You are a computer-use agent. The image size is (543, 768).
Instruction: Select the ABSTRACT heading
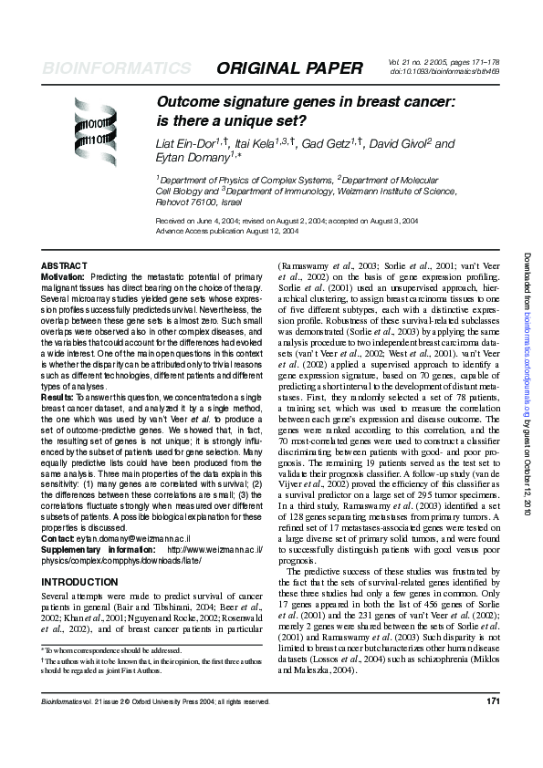[65, 265]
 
